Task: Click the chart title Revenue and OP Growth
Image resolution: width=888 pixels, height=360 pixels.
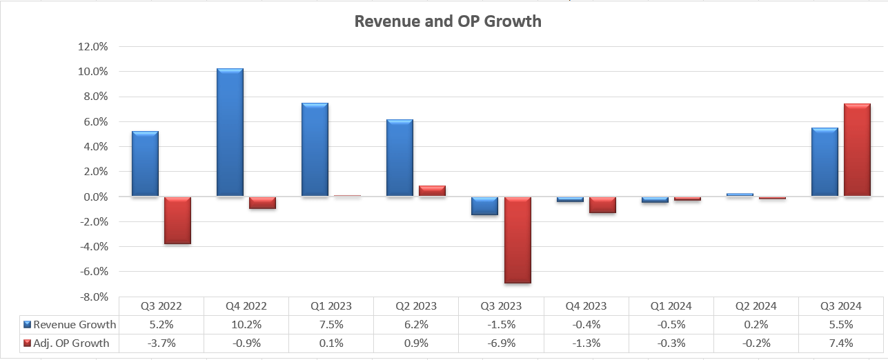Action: click(x=447, y=21)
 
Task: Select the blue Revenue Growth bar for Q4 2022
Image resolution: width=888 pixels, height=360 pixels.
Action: click(x=230, y=132)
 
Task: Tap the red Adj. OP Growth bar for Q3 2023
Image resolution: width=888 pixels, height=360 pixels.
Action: click(x=517, y=239)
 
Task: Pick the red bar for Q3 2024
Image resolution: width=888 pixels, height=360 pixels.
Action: click(x=857, y=150)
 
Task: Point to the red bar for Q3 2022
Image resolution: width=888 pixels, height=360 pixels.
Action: click(x=177, y=220)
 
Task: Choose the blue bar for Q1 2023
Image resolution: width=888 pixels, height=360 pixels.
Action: click(x=315, y=150)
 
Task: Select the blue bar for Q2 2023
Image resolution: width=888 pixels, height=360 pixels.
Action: click(x=399, y=158)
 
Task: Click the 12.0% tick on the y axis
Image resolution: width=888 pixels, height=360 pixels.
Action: click(x=94, y=47)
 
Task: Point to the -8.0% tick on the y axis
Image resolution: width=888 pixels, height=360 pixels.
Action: click(x=94, y=297)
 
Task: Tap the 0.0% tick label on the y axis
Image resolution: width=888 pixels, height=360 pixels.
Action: click(x=96, y=197)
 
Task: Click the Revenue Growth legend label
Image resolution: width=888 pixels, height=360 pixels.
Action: click(x=75, y=325)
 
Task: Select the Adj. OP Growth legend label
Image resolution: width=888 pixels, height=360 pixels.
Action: click(x=71, y=343)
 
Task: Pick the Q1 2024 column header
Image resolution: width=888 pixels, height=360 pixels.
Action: click(x=671, y=306)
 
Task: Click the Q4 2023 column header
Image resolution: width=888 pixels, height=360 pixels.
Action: click(x=586, y=306)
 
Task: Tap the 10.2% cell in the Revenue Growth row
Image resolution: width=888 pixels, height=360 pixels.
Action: click(x=246, y=325)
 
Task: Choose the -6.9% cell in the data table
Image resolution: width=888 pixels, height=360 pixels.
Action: click(x=501, y=343)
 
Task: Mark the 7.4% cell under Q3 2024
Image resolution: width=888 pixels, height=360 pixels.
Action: click(x=840, y=343)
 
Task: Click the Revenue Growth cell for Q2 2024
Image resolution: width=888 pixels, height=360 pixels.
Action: click(x=756, y=325)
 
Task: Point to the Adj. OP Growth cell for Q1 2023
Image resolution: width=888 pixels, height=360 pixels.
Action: click(x=331, y=343)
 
